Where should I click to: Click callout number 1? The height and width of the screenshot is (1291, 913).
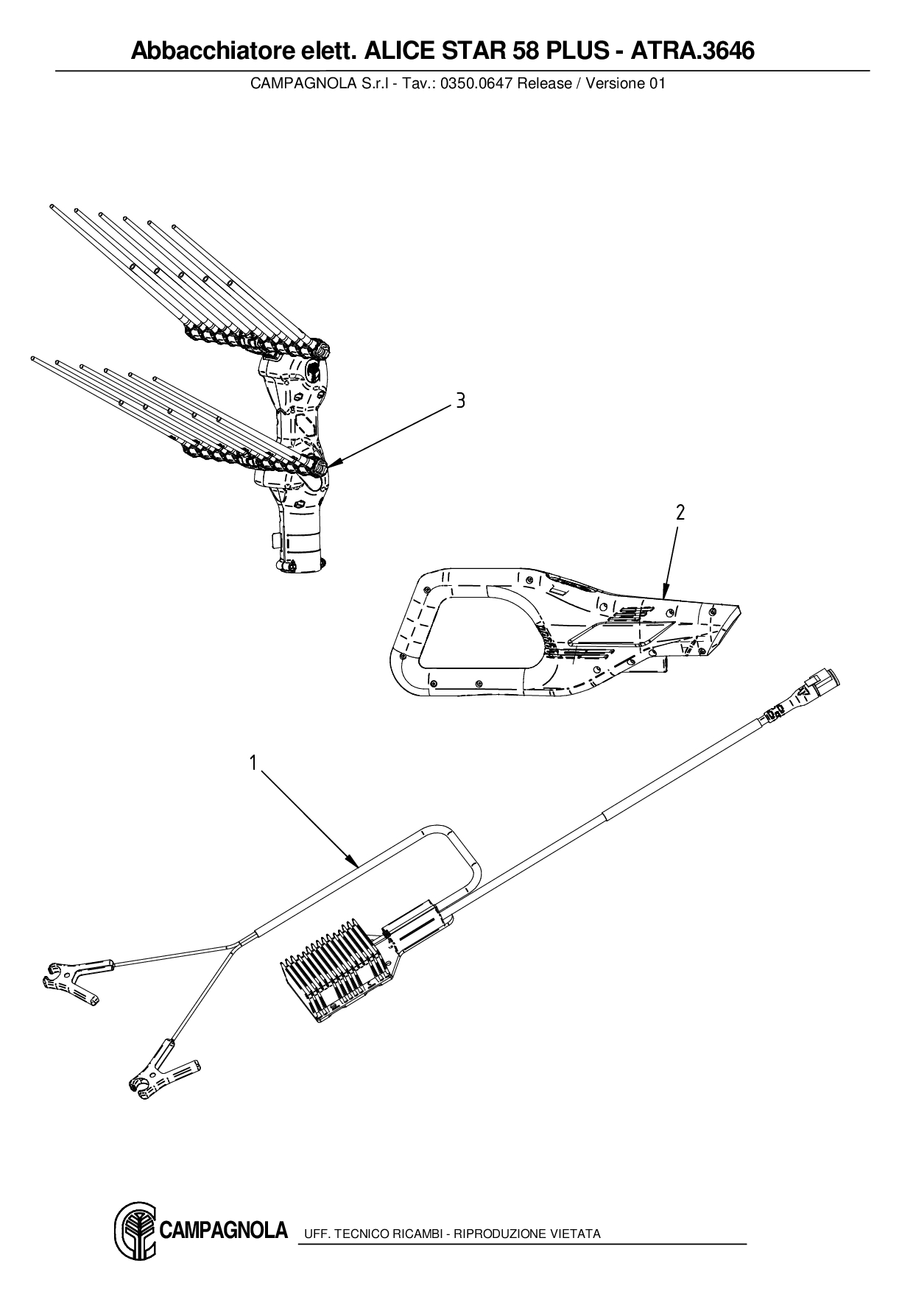253,763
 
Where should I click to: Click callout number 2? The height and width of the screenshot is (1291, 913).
680,512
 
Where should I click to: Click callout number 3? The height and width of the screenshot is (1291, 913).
460,400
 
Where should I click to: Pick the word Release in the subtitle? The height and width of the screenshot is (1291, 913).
544,83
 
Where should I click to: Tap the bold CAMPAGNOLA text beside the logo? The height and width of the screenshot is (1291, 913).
223,1230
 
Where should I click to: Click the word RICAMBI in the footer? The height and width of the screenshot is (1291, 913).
415,1234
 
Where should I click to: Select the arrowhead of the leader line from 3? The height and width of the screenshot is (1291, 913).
327,466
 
